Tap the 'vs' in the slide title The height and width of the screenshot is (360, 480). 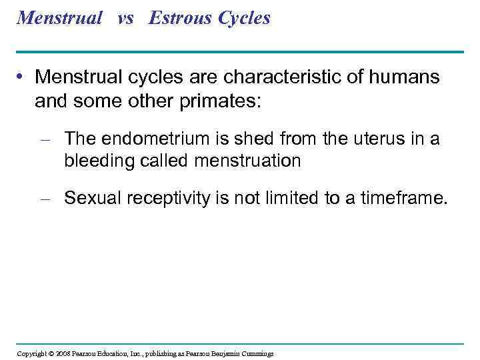tap(125, 18)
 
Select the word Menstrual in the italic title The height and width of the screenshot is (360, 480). tap(59, 18)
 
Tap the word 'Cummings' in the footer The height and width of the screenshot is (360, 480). tap(256, 353)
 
